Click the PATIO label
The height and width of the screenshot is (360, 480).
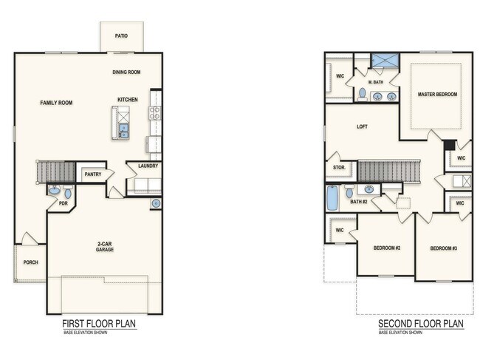tap(122, 35)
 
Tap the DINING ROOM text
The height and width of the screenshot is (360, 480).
tap(126, 72)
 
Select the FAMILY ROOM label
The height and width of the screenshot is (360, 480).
tap(56, 103)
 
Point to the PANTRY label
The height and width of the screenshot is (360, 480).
tap(92, 174)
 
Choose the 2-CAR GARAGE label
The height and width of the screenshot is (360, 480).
tap(104, 247)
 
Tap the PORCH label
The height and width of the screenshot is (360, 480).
tap(30, 262)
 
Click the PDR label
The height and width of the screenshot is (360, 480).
tap(64, 203)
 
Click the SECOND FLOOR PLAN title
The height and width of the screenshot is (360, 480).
tap(421, 324)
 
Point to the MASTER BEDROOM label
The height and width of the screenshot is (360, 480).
tap(437, 95)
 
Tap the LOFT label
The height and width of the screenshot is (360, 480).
tap(362, 126)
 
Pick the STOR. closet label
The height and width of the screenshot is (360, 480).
tap(340, 168)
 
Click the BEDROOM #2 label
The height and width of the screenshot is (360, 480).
tap(387, 248)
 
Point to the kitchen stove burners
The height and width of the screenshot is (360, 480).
tap(155, 112)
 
